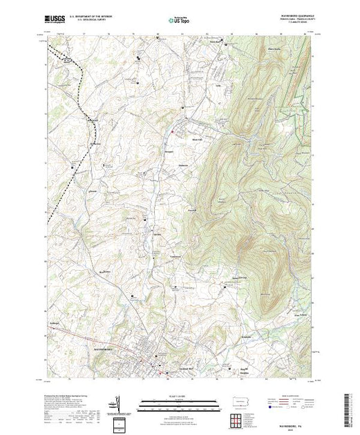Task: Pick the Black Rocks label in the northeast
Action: (x=263, y=49)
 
